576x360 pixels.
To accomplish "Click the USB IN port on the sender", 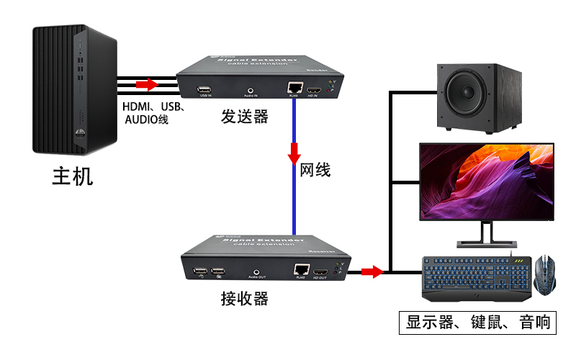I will click(204, 91).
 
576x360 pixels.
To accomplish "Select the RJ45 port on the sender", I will click(294, 89).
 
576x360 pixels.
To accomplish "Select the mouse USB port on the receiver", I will click(217, 272).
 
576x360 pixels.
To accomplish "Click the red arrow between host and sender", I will click(147, 85).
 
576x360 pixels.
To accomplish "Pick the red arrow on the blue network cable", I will click(294, 153).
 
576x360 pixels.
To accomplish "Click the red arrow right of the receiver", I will click(372, 271).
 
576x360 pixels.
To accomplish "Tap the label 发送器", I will click(245, 117).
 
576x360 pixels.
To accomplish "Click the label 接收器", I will click(244, 298).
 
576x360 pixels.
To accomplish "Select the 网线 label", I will click(315, 171).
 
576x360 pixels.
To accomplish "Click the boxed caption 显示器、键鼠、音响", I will click(478, 323).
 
